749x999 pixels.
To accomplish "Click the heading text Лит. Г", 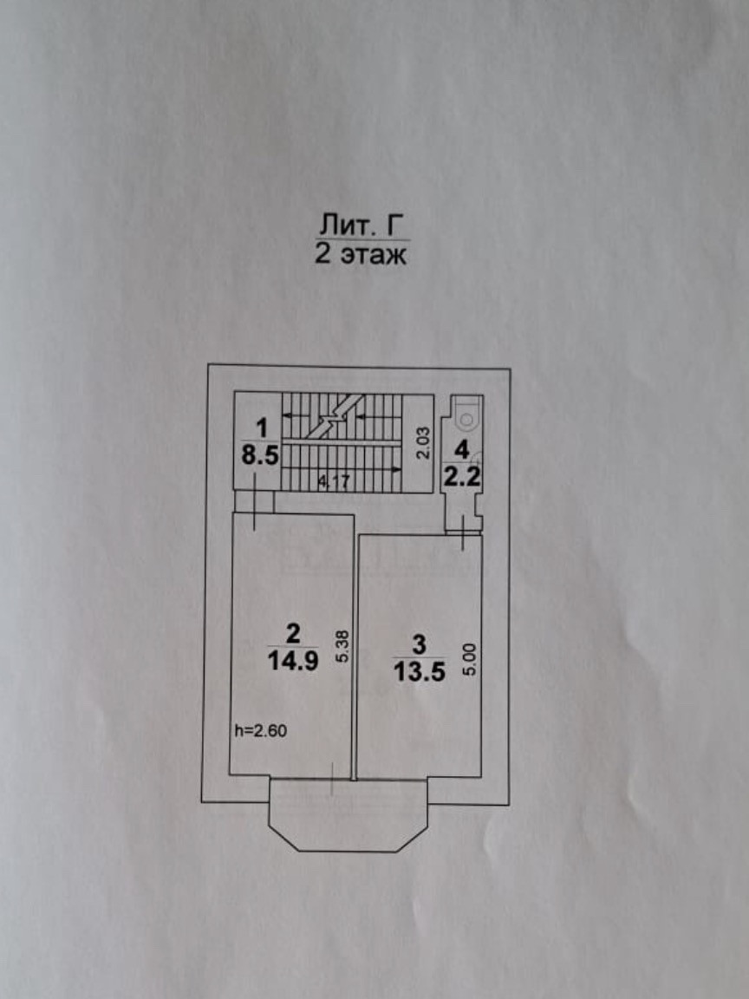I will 361,226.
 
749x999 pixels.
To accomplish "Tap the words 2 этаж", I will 361,256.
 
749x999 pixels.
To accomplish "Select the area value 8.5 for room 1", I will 260,457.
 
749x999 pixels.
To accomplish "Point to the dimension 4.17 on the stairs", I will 333,483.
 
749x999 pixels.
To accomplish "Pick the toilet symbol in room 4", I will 466,417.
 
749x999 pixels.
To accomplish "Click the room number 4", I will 462,449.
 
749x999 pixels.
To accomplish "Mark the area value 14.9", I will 292,658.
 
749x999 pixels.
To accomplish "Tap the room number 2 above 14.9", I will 292,631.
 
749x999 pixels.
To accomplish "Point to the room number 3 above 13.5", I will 420,643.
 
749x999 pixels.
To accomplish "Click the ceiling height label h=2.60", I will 259,730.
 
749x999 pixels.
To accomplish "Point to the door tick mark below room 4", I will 465,531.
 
